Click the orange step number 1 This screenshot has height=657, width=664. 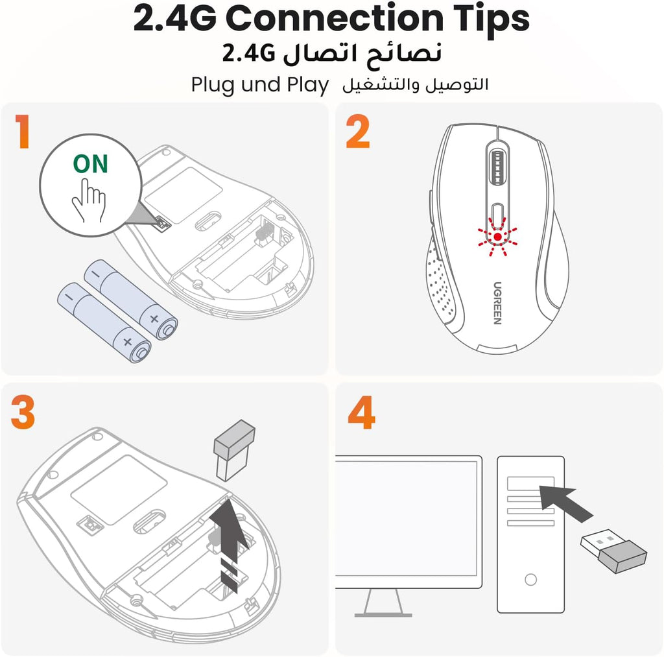[x=23, y=131]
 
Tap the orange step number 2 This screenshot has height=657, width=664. [x=358, y=131]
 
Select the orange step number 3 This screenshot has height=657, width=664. [x=23, y=412]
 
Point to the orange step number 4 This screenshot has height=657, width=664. [x=361, y=412]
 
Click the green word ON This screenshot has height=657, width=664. [x=91, y=164]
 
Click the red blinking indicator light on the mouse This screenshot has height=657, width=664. [x=497, y=237]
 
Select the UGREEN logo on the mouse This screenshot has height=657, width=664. [x=497, y=304]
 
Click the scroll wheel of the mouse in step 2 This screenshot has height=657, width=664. [x=497, y=167]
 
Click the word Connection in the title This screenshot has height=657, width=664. [x=335, y=18]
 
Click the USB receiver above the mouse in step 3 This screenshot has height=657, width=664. [x=234, y=450]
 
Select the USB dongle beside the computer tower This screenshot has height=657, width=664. [x=613, y=551]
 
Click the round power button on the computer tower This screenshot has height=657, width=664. [x=530, y=579]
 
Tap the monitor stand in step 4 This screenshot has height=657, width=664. [x=383, y=603]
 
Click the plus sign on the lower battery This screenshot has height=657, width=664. [x=128, y=341]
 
